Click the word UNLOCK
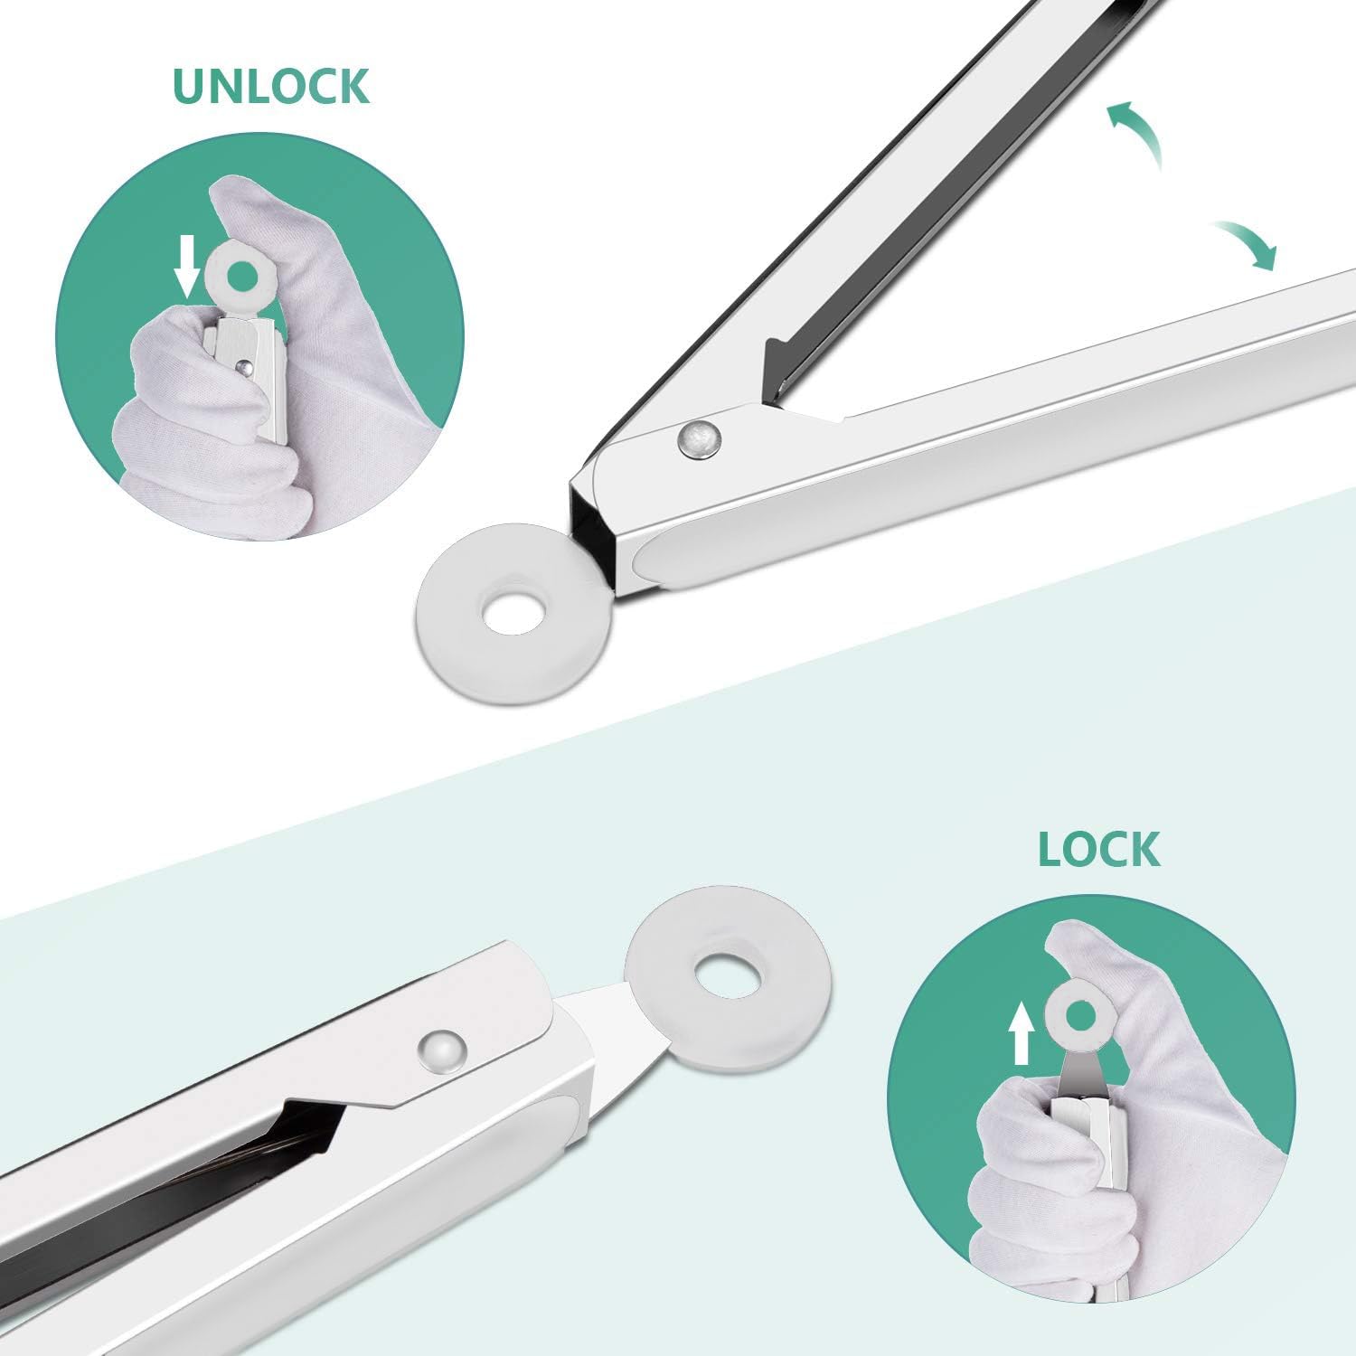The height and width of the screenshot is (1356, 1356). point(271,86)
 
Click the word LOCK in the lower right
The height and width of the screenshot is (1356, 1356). point(1098,849)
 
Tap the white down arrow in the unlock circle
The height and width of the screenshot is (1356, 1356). point(187,266)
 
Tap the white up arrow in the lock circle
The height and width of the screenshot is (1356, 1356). point(1022,1032)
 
